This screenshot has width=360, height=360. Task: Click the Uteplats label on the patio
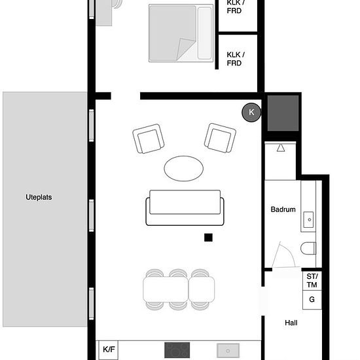pos(39,197)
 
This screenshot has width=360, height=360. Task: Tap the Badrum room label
pos(283,209)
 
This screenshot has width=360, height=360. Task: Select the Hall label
pos(291,323)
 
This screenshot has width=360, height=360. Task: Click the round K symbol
pos(251,113)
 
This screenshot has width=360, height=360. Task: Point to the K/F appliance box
pos(109,350)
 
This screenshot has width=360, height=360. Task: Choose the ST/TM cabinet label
pos(312,281)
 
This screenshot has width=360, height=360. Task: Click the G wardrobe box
pos(312,300)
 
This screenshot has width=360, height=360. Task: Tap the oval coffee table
pos(184,168)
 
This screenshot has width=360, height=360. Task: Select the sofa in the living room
pos(185,207)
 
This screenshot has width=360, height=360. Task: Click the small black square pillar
pos(208,238)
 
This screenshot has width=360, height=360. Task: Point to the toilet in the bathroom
pos(308,248)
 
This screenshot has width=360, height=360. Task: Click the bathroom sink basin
pos(308,219)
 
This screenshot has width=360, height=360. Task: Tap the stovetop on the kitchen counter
pos(177,350)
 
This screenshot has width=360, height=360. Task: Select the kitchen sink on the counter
pos(228,350)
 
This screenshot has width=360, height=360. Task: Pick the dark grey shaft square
pos(283,113)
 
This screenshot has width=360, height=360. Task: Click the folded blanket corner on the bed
pos(185,48)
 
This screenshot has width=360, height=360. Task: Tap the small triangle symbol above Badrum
pos(281,148)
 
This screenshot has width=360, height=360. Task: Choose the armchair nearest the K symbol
pos(220,137)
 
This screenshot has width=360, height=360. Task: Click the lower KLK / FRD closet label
pos(236,59)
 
